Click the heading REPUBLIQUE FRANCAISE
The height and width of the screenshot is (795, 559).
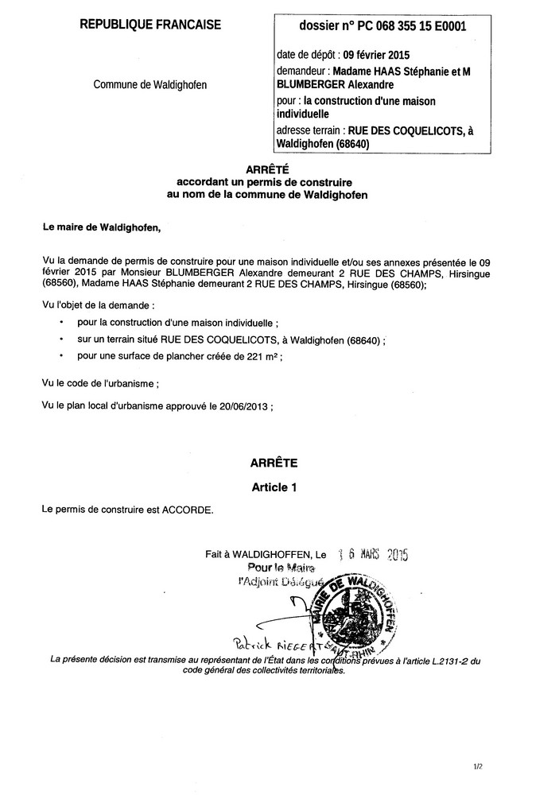[150, 25]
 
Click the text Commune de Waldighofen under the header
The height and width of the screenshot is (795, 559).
[150, 85]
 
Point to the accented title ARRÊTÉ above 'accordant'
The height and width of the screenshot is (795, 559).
[267, 169]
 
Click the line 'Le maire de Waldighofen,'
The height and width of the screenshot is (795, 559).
[101, 227]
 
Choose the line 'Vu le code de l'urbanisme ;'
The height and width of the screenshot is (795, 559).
[101, 382]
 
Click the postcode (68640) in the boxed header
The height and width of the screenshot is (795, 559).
[337, 144]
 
